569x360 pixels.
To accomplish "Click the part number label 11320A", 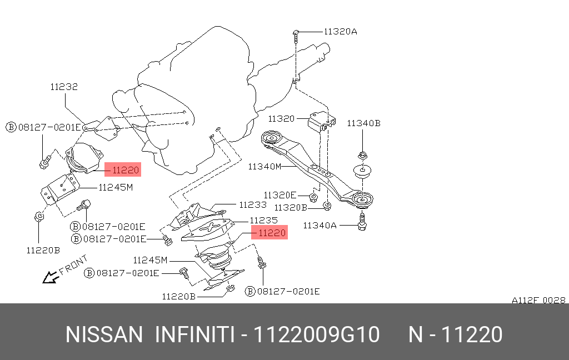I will (340, 32).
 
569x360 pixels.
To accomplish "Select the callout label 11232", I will (64, 87).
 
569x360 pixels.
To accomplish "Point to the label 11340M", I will (264, 166).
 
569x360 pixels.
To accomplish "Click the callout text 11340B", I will (364, 123).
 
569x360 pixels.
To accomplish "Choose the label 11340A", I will (320, 225).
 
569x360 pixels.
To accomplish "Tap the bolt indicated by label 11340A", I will (363, 223).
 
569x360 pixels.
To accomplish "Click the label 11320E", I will (280, 195).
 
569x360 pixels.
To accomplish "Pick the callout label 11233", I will (253, 204).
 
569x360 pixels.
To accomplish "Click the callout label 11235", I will (263, 220).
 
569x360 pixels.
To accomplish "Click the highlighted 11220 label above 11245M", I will (122, 169).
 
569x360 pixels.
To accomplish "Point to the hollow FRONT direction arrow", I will (50, 276).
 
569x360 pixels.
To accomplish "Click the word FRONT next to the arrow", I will (73, 265).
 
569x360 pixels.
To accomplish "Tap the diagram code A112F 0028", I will (538, 300).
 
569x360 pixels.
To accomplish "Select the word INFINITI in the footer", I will (193, 335).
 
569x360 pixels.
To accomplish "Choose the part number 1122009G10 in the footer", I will (317, 335).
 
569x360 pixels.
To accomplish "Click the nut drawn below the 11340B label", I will (362, 155).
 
